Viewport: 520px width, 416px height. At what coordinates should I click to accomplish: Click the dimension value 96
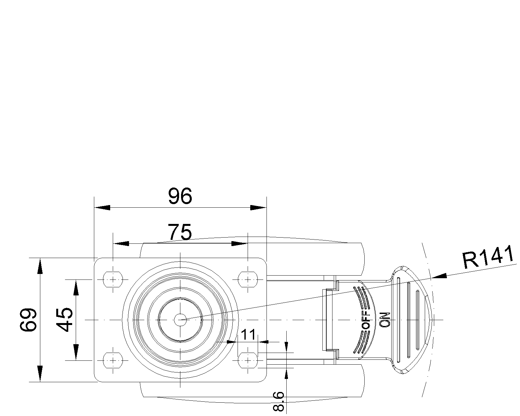(x=180, y=196)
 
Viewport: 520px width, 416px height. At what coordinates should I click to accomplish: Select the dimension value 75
(x=180, y=232)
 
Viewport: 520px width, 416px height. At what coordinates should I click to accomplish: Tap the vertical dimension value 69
(x=28, y=319)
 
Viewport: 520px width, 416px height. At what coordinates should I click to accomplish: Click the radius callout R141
(x=488, y=257)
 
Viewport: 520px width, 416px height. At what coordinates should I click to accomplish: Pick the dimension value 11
(x=248, y=335)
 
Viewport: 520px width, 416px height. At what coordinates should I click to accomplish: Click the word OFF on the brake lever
(x=367, y=319)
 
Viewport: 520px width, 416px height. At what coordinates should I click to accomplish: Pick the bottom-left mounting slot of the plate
(x=113, y=360)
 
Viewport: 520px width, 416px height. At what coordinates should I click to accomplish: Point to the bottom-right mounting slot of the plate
(x=248, y=360)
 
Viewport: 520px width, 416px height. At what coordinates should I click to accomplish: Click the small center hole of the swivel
(x=180, y=320)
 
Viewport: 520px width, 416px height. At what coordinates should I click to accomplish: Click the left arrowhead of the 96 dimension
(x=102, y=207)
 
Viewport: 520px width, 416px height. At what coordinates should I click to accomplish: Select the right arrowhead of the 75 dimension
(x=239, y=243)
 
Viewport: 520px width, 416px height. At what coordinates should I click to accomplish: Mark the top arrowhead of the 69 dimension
(x=40, y=266)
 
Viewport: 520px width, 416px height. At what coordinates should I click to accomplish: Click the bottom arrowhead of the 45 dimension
(x=76, y=352)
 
